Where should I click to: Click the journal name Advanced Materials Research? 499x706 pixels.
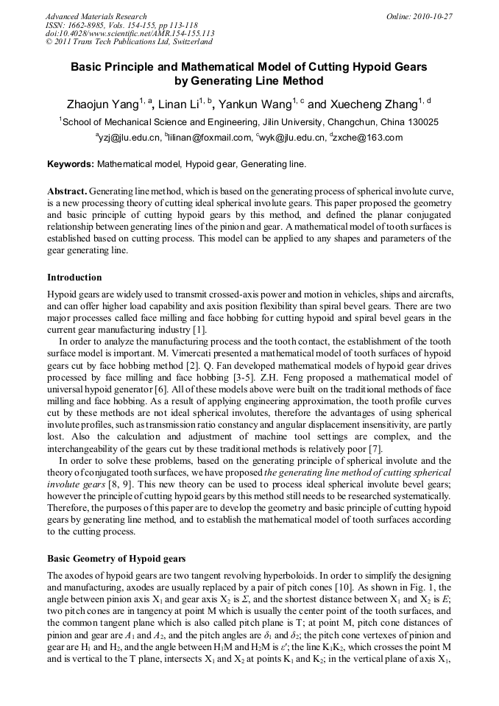(x=96, y=16)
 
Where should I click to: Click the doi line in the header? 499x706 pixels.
(x=130, y=33)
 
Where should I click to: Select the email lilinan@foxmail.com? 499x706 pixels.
(x=210, y=138)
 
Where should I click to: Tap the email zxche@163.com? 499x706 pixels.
(x=368, y=138)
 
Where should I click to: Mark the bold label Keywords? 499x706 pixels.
(x=71, y=163)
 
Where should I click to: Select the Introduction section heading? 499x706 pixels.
(x=74, y=278)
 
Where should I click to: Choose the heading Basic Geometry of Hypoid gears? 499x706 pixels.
(x=116, y=559)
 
